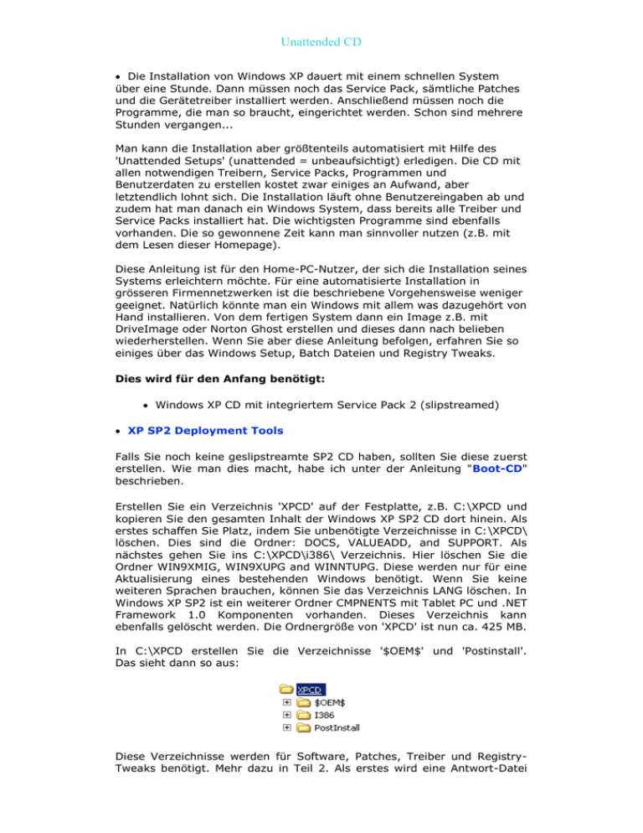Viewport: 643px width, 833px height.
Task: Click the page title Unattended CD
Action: [321, 39]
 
